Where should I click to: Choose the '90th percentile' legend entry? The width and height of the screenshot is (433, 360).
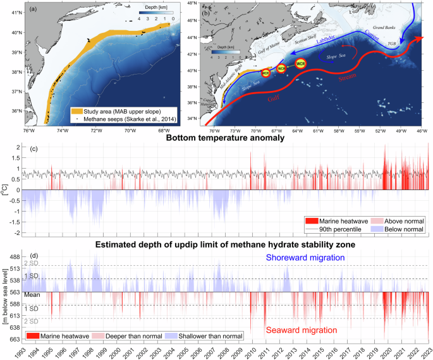coord(339,230)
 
